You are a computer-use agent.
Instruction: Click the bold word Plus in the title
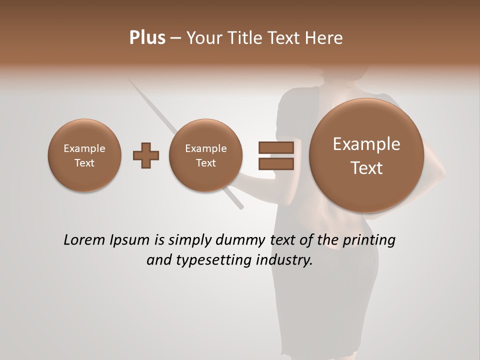147,38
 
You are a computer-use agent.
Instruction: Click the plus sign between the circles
146,155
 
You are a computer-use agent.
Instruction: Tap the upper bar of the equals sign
276,147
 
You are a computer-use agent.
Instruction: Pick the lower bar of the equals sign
276,163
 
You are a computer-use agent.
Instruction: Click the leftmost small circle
84,155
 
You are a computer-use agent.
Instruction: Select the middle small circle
205,155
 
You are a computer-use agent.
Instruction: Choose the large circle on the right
366,155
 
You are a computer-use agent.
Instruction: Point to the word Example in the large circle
366,144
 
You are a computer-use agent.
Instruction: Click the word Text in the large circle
366,168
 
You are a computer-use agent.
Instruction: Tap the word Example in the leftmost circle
84,148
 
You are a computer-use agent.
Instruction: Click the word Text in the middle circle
205,163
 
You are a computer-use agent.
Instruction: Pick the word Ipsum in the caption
131,240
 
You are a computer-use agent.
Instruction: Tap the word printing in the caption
368,240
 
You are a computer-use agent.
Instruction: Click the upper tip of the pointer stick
129,81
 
